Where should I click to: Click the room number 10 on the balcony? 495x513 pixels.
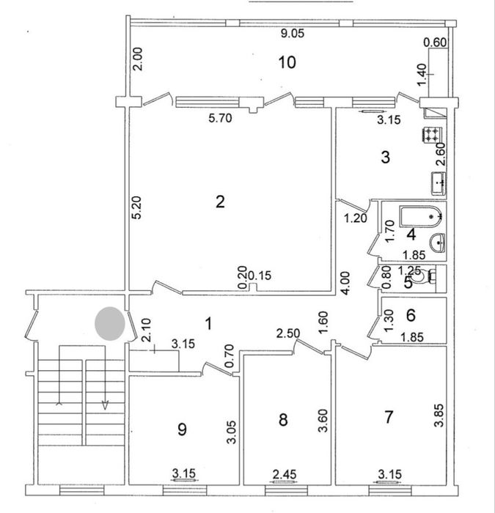[x=287, y=62]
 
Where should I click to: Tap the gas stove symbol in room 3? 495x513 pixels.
[x=432, y=135]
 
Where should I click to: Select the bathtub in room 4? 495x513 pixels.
[x=422, y=216]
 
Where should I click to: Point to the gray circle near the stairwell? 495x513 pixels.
[x=110, y=324]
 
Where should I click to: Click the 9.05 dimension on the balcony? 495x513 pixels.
[x=293, y=34]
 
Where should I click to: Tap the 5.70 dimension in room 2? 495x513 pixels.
[x=220, y=118]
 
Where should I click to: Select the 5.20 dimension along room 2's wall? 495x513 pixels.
[x=136, y=207]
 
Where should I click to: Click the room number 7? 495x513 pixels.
[x=388, y=417]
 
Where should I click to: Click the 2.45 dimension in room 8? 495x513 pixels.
[x=285, y=473]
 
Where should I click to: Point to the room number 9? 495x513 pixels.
[x=182, y=429]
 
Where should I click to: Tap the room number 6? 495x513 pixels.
[x=411, y=315]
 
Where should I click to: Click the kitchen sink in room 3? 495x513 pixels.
[x=439, y=183]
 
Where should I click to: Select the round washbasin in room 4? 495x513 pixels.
[x=437, y=243]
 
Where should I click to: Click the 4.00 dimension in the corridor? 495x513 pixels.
[x=346, y=284]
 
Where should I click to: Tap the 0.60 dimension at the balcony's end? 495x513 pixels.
[x=435, y=43]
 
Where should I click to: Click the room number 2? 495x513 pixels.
[x=220, y=202]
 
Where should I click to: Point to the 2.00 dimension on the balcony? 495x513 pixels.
[x=138, y=59]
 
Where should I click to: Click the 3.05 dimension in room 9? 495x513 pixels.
[x=232, y=432]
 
